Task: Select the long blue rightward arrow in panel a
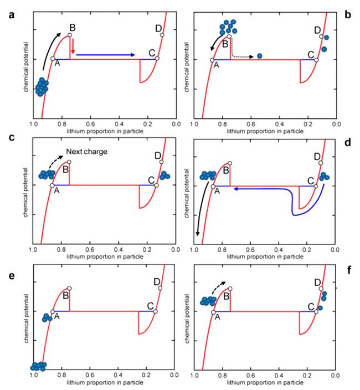105,55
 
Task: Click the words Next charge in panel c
83,152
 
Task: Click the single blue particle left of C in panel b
260,56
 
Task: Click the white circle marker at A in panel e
53,312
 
